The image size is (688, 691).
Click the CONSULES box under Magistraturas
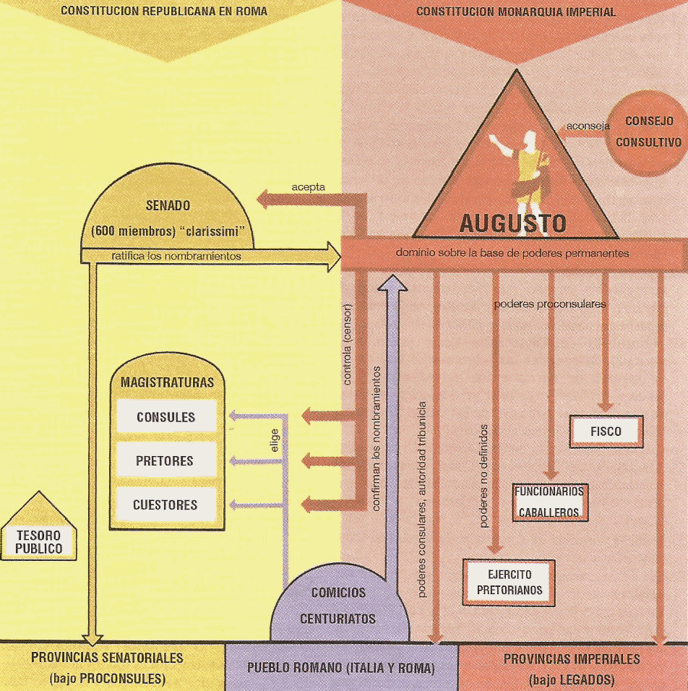click(x=166, y=417)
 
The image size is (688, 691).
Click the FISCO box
click(x=606, y=432)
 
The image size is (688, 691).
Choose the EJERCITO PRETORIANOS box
click(x=509, y=583)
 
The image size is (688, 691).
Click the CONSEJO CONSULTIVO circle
click(x=648, y=132)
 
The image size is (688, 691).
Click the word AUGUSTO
click(x=513, y=223)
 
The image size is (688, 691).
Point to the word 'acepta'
click(x=308, y=187)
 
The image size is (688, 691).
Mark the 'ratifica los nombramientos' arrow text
click(x=176, y=255)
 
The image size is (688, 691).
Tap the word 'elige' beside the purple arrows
click(x=275, y=441)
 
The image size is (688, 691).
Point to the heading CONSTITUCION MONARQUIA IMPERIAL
click(x=516, y=12)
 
